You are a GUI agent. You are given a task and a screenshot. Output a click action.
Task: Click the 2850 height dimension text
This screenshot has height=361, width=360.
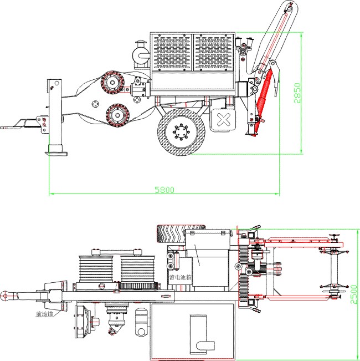click(x=297, y=93)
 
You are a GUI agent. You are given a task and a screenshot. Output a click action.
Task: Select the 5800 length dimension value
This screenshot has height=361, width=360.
click(x=164, y=190)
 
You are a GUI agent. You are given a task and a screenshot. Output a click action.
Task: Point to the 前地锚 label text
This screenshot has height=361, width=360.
click(x=44, y=314)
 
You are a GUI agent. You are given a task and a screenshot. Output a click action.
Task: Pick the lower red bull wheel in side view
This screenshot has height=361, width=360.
click(x=116, y=115)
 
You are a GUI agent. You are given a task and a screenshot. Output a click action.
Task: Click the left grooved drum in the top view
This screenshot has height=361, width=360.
click(x=97, y=268)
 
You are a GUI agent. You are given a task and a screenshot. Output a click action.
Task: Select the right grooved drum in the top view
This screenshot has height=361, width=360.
click(x=135, y=268)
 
